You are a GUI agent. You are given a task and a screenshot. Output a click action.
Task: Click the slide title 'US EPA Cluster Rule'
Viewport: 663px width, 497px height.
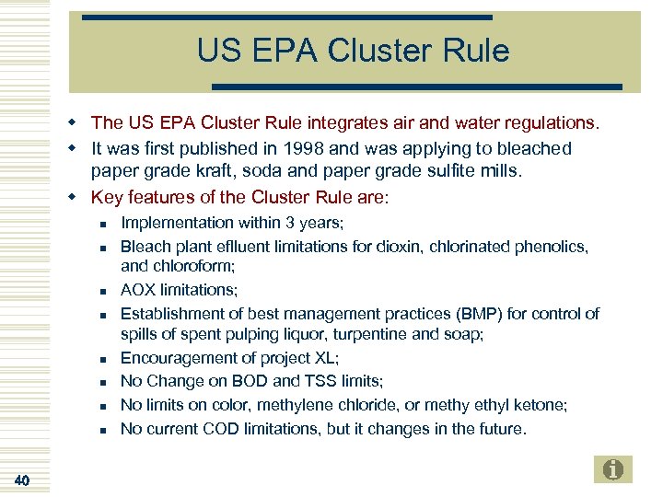click(353, 52)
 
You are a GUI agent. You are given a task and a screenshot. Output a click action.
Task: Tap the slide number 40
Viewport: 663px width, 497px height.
click(23, 480)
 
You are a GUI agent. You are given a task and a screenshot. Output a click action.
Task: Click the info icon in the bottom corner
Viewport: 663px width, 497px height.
click(613, 469)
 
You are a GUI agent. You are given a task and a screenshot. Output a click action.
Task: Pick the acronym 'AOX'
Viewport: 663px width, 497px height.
click(139, 290)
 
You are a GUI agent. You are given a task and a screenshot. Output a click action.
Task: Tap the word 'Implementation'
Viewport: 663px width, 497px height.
click(176, 223)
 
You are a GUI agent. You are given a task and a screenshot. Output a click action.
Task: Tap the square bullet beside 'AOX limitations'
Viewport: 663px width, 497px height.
click(105, 292)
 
